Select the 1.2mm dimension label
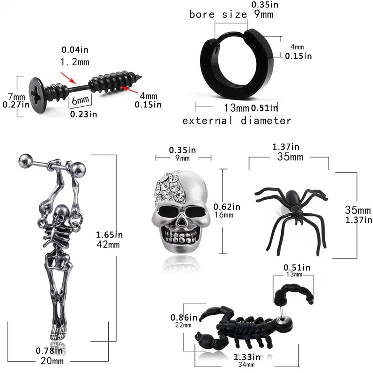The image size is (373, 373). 75,62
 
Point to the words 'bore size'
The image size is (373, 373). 218,14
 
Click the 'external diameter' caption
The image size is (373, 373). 237,121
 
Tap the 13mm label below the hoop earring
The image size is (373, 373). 237,108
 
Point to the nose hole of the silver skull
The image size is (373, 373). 181,223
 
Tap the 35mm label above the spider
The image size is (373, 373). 290,157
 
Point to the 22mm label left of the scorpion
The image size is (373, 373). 183,325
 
